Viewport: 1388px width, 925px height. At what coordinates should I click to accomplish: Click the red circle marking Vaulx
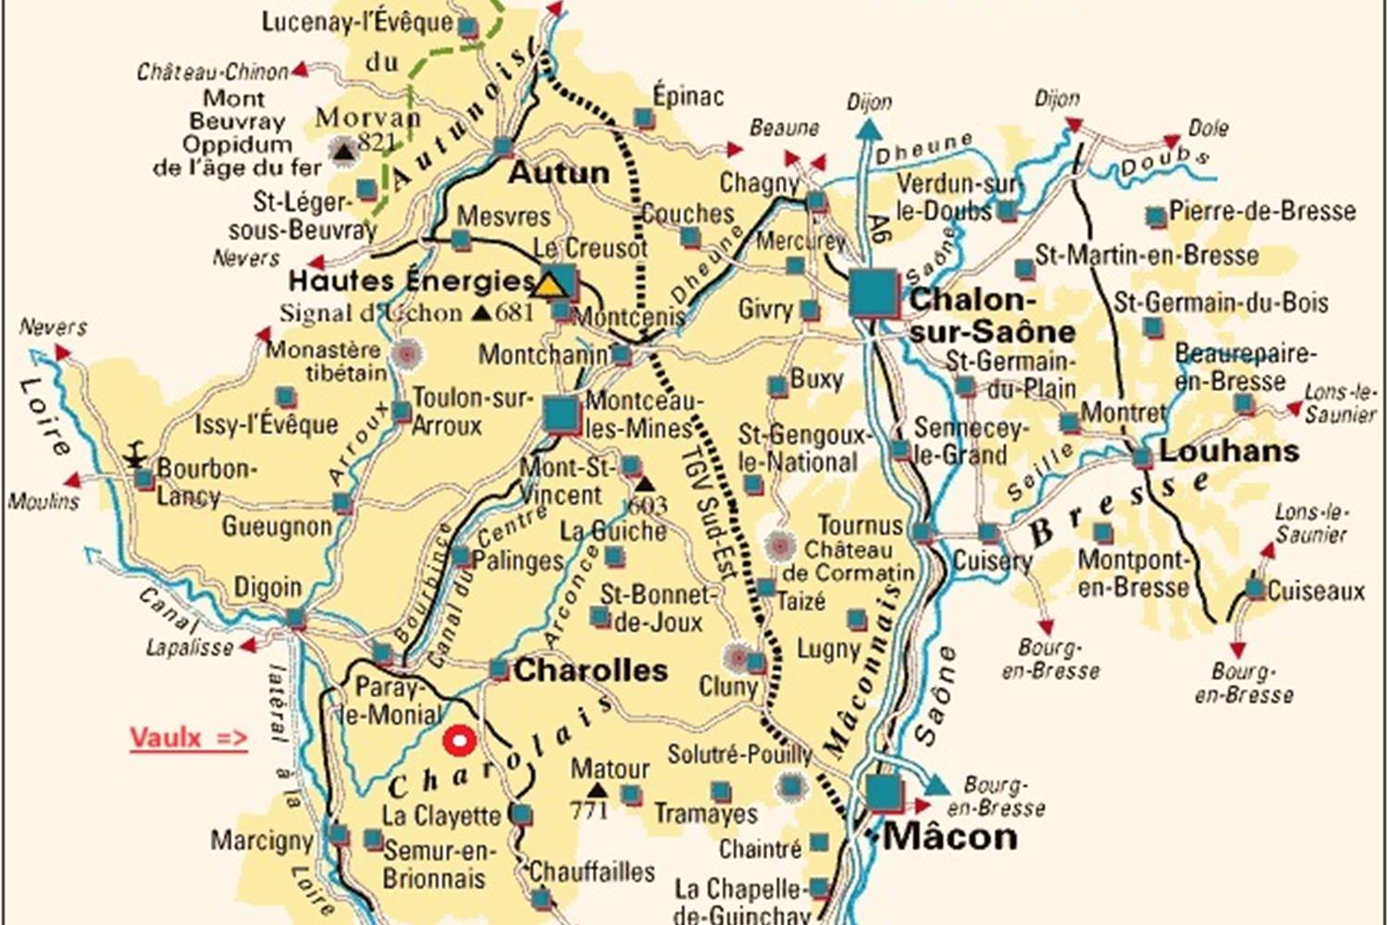(x=458, y=741)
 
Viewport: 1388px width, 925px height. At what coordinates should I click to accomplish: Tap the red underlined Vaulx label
(x=188, y=738)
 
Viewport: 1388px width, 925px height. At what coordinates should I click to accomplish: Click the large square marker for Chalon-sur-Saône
(x=874, y=292)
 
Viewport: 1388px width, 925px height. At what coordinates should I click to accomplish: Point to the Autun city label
(x=559, y=173)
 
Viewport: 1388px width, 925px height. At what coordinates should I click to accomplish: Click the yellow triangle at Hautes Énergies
(x=551, y=283)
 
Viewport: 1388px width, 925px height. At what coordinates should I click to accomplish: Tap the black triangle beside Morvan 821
(x=344, y=150)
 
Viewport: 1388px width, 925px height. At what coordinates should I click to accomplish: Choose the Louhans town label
(x=1229, y=451)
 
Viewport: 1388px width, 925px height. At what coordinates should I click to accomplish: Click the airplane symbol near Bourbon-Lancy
(x=136, y=456)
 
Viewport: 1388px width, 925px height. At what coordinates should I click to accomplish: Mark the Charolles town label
(x=590, y=671)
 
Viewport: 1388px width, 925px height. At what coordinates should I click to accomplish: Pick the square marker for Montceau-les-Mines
(x=561, y=414)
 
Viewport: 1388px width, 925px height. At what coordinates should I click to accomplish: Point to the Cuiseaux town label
(x=1316, y=591)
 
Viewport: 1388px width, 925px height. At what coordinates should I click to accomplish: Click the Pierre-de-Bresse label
(x=1262, y=211)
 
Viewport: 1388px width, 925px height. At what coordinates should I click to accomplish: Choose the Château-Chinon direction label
(x=213, y=72)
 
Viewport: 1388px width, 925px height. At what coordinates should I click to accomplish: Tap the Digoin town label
(x=267, y=587)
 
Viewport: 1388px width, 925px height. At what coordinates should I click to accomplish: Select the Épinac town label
(x=688, y=96)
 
